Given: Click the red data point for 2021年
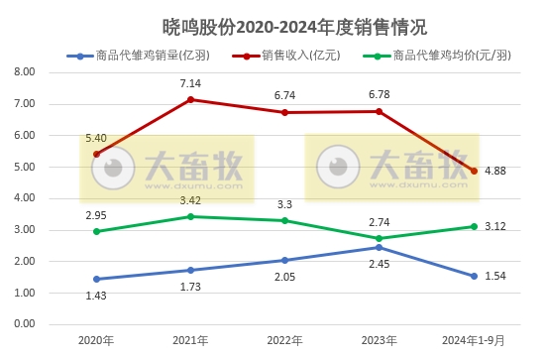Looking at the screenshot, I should click(x=191, y=99).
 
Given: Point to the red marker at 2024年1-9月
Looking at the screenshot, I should click(x=475, y=171).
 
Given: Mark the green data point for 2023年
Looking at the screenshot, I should click(x=380, y=238).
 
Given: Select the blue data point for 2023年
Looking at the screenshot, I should click(x=380, y=247).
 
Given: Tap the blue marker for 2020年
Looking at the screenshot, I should click(x=96, y=279).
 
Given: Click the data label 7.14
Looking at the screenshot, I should click(x=191, y=82).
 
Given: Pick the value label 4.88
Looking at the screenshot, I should click(x=495, y=171).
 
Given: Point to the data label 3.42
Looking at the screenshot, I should click(x=191, y=200).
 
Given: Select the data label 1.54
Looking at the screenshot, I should click(x=495, y=276).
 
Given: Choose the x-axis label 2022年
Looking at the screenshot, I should click(x=285, y=340).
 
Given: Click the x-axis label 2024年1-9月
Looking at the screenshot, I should click(x=474, y=340).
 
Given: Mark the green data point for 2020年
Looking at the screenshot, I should click(x=96, y=231).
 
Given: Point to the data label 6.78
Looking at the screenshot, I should click(x=380, y=94).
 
